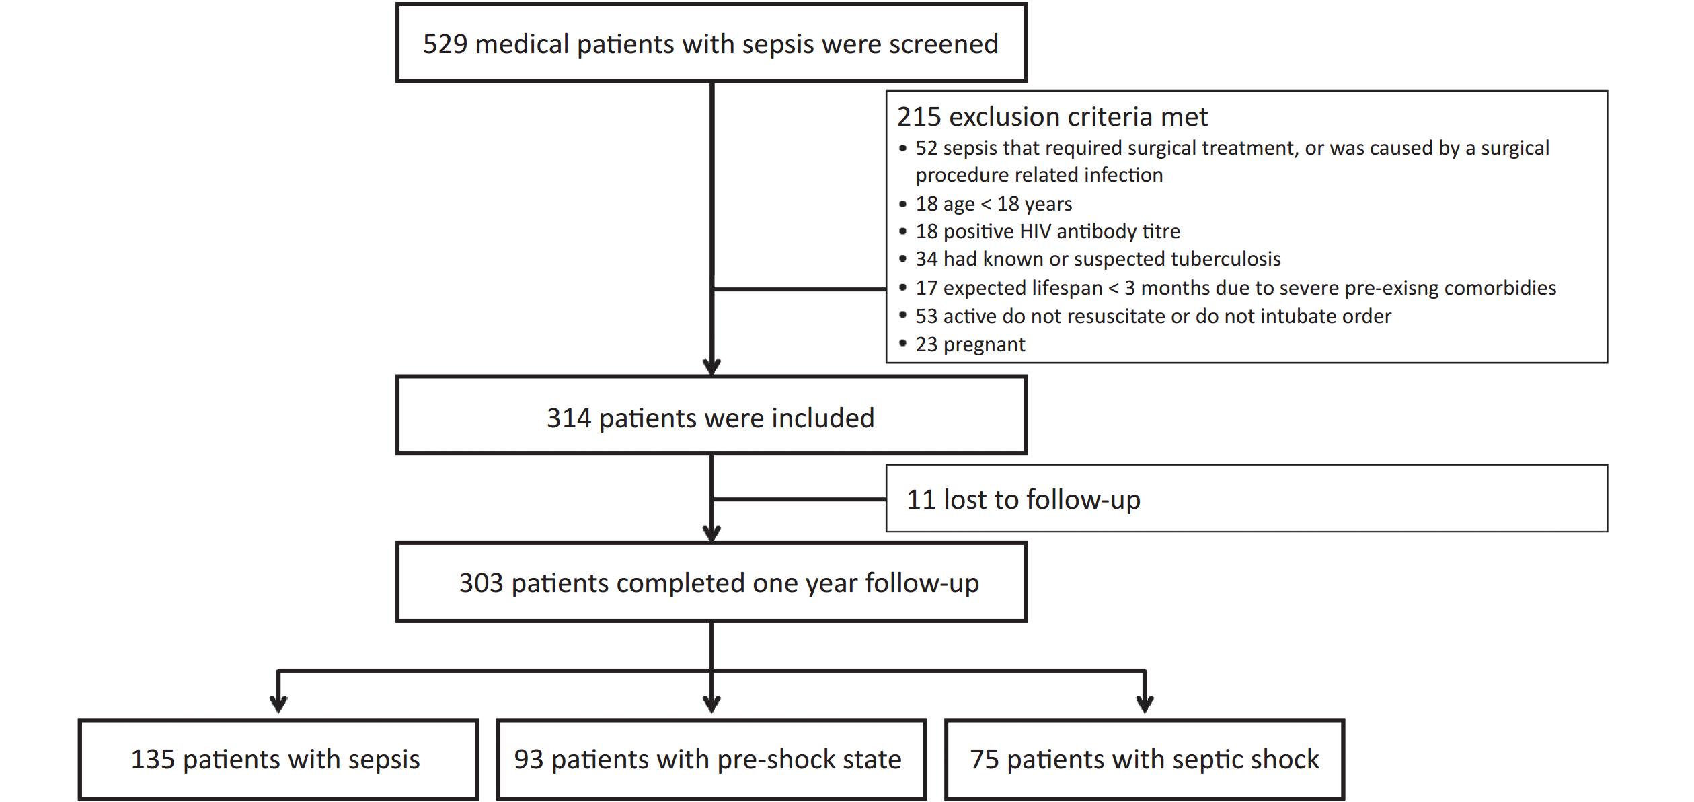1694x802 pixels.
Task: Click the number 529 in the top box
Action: (445, 44)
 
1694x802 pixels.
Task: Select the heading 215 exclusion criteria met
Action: (1052, 117)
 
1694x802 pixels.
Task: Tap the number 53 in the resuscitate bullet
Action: (927, 316)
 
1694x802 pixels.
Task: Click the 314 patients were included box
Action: (711, 415)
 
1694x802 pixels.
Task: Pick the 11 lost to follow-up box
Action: (1247, 498)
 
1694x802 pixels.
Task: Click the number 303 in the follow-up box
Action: (481, 583)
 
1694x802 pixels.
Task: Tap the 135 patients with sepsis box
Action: (278, 759)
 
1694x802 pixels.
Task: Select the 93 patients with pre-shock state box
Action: (711, 759)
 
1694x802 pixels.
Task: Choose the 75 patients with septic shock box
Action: (1145, 759)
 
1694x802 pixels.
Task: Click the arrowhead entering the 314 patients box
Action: (711, 367)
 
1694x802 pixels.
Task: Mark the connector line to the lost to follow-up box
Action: (799, 499)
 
